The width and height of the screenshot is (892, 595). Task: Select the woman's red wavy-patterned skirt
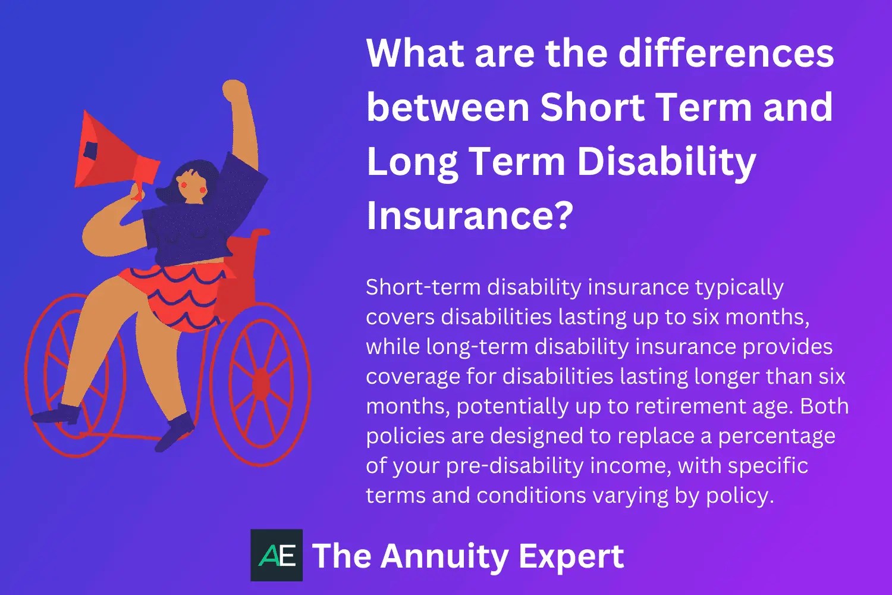tap(178, 295)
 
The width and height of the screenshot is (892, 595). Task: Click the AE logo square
tap(277, 555)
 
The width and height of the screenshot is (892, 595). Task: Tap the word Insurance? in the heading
tap(470, 215)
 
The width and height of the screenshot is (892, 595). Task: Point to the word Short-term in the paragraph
tap(423, 287)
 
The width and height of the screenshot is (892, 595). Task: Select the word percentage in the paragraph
tap(776, 436)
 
